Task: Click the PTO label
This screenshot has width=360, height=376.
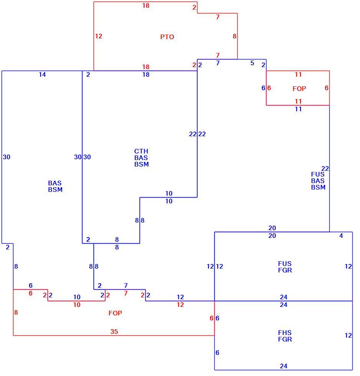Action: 167,37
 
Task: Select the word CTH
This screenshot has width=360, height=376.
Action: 141,151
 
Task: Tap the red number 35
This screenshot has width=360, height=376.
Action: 114,331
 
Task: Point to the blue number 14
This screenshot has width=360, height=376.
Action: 42,74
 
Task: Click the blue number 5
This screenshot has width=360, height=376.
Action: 252,63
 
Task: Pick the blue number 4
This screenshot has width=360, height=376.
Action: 341,236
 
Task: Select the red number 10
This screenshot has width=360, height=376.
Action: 77,305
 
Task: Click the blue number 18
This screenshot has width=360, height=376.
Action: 146,74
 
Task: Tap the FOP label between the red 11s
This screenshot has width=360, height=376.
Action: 299,89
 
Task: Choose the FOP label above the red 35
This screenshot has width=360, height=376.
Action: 115,313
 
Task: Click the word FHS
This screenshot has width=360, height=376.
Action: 285,333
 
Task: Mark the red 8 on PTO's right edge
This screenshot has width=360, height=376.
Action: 234,36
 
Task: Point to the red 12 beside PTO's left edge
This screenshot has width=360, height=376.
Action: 99,36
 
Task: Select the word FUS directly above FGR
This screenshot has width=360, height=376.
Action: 285,264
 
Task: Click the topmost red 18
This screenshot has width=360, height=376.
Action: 146,5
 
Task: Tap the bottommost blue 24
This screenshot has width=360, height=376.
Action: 284,366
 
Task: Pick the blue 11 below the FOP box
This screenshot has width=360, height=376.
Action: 298,109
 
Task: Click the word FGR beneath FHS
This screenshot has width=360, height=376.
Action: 285,339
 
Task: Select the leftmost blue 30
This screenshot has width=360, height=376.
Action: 7,157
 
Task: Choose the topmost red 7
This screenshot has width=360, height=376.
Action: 218,17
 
